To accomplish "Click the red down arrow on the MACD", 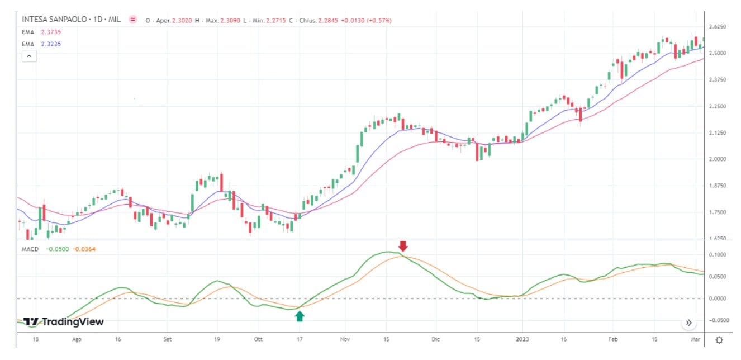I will tap(403, 247).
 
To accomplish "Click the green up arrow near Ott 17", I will tap(300, 316).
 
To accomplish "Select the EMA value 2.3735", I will tap(50, 32).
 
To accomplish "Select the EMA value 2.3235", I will tap(50, 44).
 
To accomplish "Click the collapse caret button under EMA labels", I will tap(29, 56).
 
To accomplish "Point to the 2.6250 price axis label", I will tap(716, 27).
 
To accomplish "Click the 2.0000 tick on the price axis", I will tap(716, 159).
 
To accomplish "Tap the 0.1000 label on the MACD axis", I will tap(716, 255).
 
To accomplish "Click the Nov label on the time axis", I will tap(345, 339).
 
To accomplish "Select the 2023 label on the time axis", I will tap(522, 339).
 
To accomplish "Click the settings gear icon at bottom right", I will tap(720, 340).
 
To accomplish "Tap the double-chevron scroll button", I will tap(688, 323).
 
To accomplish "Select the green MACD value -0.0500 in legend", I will tap(57, 249).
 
